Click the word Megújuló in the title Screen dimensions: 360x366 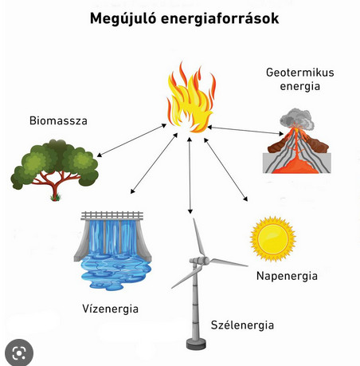point(123,19)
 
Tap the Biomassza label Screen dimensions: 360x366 point(58,120)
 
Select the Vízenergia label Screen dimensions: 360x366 point(110,309)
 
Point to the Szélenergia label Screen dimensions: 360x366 point(242,325)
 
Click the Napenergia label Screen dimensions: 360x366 point(287,277)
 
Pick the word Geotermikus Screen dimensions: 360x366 point(300,73)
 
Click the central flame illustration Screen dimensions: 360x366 point(191,97)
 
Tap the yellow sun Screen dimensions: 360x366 point(272,238)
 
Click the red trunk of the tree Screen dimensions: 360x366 point(55,186)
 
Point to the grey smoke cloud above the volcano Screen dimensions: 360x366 point(297,119)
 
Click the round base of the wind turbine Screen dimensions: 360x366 point(196,344)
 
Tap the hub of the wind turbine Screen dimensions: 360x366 point(205,261)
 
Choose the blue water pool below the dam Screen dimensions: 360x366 point(116,271)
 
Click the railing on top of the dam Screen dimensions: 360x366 point(112,215)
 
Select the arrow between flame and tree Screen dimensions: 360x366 point(131,140)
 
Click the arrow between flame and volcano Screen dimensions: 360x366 point(245,130)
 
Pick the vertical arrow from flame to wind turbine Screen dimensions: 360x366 point(190,175)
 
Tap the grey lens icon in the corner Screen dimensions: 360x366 point(19,352)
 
